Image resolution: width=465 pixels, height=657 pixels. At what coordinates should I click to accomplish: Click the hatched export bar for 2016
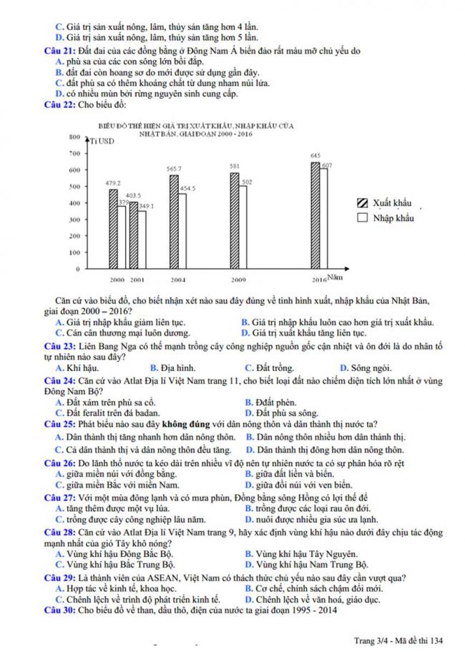pyautogui.click(x=315, y=215)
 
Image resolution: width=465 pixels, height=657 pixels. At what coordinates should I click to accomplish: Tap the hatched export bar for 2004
pyautogui.click(x=173, y=221)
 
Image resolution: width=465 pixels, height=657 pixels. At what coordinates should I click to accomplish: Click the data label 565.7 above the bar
pyautogui.click(x=174, y=169)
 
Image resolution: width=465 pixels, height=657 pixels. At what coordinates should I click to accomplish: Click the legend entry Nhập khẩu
pyautogui.click(x=386, y=217)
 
